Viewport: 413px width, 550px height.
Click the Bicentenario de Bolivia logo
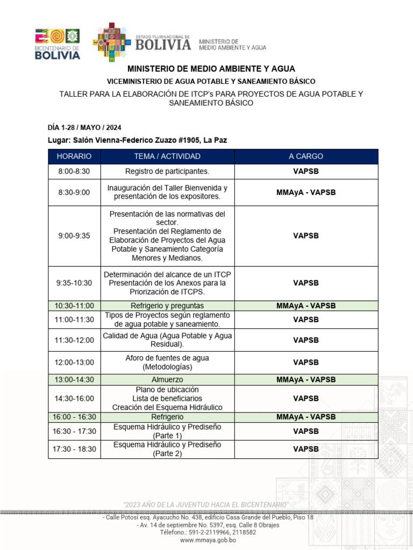(58, 44)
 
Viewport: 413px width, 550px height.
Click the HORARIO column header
(74, 156)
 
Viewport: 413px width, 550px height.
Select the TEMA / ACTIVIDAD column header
(167, 156)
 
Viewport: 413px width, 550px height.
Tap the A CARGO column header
(306, 156)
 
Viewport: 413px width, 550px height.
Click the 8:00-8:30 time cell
(74, 171)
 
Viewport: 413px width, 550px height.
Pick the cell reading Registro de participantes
(167, 171)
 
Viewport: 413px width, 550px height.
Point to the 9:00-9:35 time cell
(74, 236)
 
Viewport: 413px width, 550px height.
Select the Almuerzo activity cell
(167, 380)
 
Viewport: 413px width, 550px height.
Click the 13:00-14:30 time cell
(74, 380)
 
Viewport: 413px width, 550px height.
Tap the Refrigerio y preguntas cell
(167, 306)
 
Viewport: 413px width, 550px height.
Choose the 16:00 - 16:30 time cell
(74, 417)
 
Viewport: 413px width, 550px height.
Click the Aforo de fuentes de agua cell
(167, 363)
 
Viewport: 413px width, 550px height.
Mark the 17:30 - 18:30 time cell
(74, 449)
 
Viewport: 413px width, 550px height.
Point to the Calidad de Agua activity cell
(167, 340)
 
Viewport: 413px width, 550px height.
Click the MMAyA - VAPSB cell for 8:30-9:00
(306, 192)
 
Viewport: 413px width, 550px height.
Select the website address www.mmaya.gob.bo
(208, 540)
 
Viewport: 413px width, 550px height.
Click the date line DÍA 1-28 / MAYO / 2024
(84, 127)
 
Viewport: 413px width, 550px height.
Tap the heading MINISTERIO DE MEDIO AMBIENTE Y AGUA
(211, 69)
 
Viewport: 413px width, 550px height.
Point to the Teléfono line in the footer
(208, 532)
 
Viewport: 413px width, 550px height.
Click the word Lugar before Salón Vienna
(59, 140)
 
